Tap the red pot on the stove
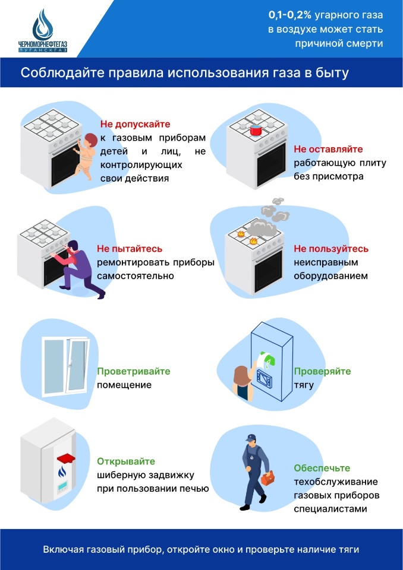click(256, 130)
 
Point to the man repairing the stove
click(79, 267)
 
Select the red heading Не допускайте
click(135, 124)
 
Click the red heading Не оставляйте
click(328, 149)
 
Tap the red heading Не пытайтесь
click(130, 249)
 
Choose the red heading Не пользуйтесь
click(331, 249)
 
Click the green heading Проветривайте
click(134, 371)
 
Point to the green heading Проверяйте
click(322, 371)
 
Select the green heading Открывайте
click(126, 461)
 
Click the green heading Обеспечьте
click(322, 468)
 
